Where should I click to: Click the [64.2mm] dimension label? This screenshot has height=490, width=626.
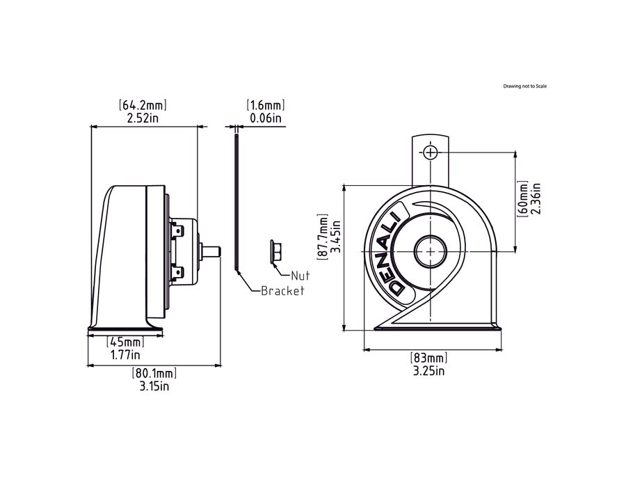[x=143, y=105]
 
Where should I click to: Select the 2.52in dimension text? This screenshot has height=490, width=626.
[x=143, y=118]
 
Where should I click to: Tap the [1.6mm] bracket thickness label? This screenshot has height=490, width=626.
[x=266, y=105]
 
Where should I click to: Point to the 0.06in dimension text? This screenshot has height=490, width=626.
[x=266, y=118]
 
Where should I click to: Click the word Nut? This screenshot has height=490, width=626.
[x=300, y=276]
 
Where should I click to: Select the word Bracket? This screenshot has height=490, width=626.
[x=282, y=291]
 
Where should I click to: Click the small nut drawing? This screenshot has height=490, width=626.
[x=274, y=251]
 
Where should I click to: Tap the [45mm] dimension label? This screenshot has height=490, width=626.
[x=125, y=342]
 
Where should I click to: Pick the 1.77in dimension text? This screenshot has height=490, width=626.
[x=125, y=355]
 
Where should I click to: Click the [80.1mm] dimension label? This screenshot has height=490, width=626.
[x=154, y=373]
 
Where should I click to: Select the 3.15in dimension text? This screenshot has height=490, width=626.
[x=154, y=386]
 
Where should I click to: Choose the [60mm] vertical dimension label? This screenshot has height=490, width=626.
[x=524, y=198]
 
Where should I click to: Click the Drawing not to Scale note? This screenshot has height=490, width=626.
[x=525, y=86]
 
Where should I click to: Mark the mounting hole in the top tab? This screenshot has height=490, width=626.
[x=431, y=152]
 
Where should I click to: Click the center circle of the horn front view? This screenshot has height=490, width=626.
[x=430, y=251]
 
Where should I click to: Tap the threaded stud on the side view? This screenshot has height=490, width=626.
[x=211, y=250]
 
